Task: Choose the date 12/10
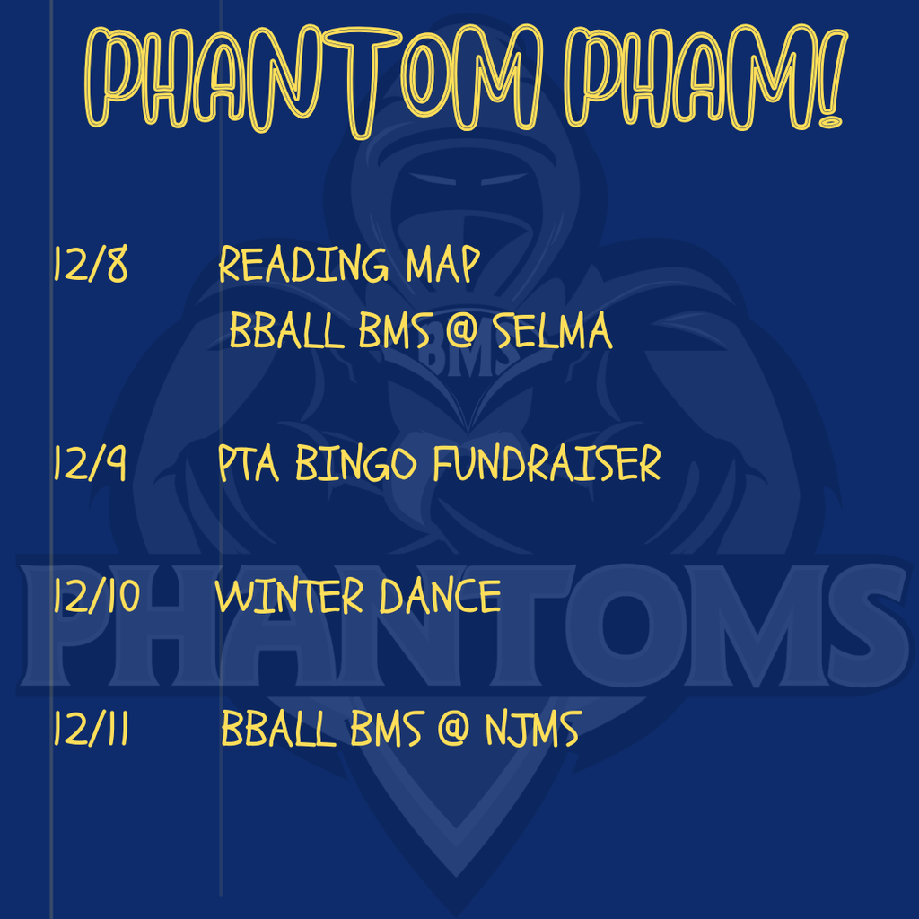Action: click(x=96, y=597)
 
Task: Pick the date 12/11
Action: click(x=91, y=730)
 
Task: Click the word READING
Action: click(x=305, y=266)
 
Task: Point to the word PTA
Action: click(x=250, y=464)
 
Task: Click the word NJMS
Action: click(x=532, y=730)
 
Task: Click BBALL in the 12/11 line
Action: click(x=277, y=730)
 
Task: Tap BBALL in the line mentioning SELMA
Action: click(x=286, y=333)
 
